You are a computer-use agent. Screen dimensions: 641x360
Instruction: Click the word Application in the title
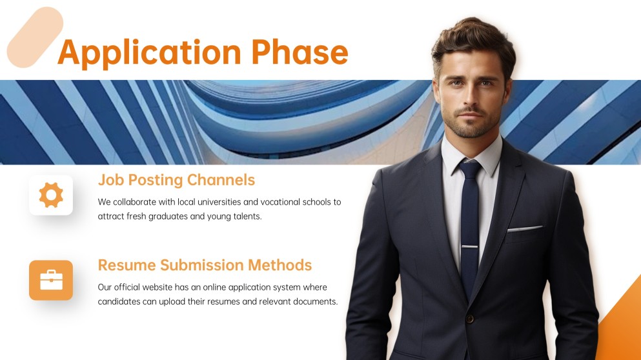pyautogui.click(x=149, y=53)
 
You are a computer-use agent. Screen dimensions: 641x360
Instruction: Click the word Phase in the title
pyautogui.click(x=300, y=52)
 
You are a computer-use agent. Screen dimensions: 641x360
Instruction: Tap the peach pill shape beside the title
pyautogui.click(x=35, y=37)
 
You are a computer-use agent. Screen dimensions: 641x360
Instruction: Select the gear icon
pyautogui.click(x=51, y=195)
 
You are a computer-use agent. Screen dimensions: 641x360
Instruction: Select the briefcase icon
pyautogui.click(x=51, y=280)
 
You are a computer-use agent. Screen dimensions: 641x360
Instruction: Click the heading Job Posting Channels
pyautogui.click(x=176, y=180)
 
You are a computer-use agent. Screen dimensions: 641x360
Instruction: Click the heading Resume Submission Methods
pyautogui.click(x=205, y=265)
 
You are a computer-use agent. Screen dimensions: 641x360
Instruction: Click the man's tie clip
pyautogui.click(x=470, y=247)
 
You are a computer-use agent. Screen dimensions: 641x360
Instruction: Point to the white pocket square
pyautogui.click(x=525, y=228)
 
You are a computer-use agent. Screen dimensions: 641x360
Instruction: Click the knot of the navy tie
pyautogui.click(x=471, y=169)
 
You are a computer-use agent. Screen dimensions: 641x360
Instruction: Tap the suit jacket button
pyautogui.click(x=471, y=318)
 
